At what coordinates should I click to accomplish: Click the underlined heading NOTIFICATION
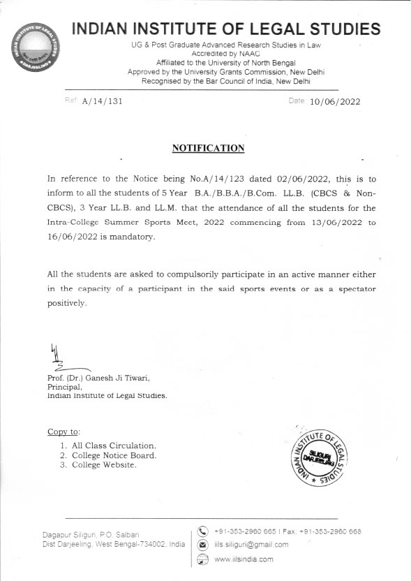coord(208,148)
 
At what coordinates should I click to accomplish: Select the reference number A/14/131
coord(102,101)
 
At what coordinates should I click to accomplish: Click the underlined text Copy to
coord(63,432)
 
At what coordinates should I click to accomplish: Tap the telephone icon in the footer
coord(202,533)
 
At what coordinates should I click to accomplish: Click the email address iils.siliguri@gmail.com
coord(251,545)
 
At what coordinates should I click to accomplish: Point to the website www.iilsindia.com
coord(244,559)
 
